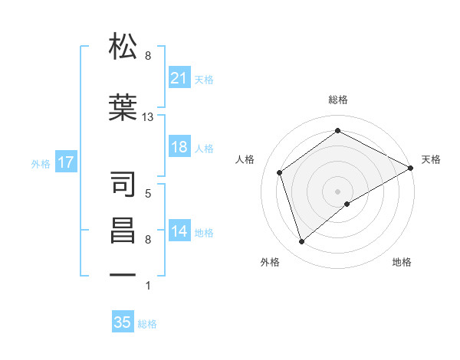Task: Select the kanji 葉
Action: coord(123,106)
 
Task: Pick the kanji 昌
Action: coord(123,231)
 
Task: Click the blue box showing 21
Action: coord(179,78)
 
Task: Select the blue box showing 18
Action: coord(179,148)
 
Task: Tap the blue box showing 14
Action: coord(179,232)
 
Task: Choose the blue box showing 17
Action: coord(65,162)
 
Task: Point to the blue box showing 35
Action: coord(123,322)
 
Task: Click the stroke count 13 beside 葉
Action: coord(148,118)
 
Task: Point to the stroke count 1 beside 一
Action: coord(148,286)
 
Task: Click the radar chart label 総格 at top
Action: coord(338,100)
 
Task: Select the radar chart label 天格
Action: coord(431,159)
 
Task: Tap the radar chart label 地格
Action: coord(402,262)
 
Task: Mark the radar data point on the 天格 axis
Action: coord(411,168)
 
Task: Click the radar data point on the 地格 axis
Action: coord(347,204)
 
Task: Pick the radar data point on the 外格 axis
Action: coord(301,242)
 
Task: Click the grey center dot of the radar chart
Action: coord(338,191)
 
